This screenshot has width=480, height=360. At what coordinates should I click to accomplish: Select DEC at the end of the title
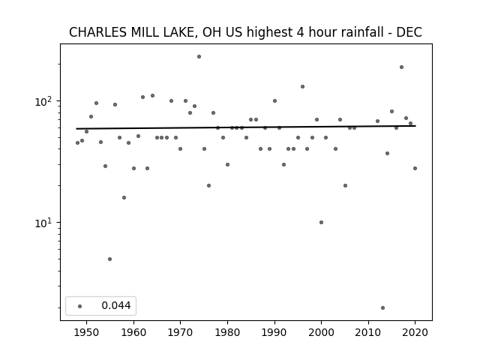[x=409, y=32]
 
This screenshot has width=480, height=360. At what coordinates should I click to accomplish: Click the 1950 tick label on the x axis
[x=87, y=332]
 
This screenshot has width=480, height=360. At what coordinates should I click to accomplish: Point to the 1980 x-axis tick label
[x=227, y=332]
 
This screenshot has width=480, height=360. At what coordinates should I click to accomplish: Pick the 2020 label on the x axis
[x=415, y=332]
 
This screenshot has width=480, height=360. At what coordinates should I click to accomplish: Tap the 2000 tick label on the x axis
[x=321, y=332]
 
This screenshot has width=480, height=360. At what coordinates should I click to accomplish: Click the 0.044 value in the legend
[x=116, y=305]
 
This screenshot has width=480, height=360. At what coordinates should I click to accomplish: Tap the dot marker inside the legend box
[x=80, y=306]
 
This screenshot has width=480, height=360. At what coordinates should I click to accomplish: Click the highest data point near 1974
[x=199, y=57]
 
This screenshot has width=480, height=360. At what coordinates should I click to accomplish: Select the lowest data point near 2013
[x=382, y=307]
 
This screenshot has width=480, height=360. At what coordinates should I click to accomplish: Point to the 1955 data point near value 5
[x=110, y=259]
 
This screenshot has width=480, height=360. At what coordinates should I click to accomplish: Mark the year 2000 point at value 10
[x=321, y=222]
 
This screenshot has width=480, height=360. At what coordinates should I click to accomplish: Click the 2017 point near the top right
[x=401, y=67]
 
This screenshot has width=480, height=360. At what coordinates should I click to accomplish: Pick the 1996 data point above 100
[x=302, y=87]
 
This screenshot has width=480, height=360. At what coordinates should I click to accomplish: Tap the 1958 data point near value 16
[x=124, y=197]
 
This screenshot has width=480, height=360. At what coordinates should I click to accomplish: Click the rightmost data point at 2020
[x=415, y=168]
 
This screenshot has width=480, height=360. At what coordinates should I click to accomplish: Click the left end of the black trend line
[x=76, y=128]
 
